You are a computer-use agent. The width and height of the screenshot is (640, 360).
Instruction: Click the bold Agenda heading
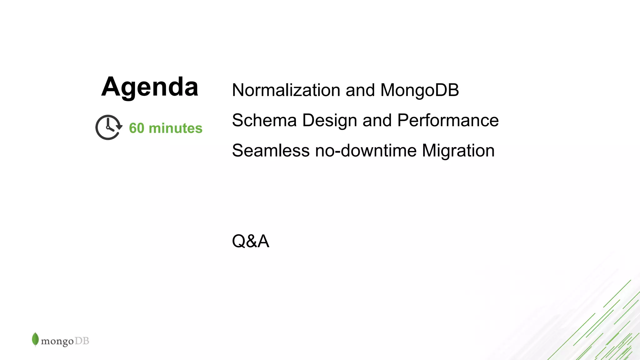tap(150, 87)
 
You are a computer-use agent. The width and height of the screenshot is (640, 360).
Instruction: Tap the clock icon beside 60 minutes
tap(108, 127)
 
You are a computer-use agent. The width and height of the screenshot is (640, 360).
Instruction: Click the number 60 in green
tap(137, 128)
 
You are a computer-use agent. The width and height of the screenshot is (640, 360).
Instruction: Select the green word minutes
tap(176, 128)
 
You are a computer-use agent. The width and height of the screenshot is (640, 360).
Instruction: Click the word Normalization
tap(286, 90)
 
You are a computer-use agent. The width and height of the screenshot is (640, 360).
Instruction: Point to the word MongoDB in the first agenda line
tap(419, 90)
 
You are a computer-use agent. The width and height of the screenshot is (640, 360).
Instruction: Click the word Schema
tap(264, 120)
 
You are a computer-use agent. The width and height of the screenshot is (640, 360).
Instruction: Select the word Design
tap(329, 120)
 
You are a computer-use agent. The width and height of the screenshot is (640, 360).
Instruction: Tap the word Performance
tap(448, 120)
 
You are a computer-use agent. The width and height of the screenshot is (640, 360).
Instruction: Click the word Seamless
tap(271, 151)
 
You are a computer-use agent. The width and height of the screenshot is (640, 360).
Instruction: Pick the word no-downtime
tap(366, 151)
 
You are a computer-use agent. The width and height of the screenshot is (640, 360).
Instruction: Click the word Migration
tap(458, 151)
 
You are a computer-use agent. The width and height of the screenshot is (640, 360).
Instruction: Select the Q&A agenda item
tap(250, 241)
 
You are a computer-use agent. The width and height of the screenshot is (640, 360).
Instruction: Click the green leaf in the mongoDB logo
tap(35, 339)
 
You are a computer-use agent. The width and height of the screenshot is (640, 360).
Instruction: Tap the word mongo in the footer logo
tap(57, 341)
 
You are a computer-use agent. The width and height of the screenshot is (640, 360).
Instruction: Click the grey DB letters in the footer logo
tap(82, 341)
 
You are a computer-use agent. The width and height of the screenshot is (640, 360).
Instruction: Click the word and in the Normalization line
tap(360, 90)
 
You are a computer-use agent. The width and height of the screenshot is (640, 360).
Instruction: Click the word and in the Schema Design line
tap(377, 120)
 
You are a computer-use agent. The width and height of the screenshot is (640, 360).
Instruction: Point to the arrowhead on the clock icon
tap(119, 127)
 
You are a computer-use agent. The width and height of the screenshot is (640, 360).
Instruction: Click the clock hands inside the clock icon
tap(109, 126)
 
